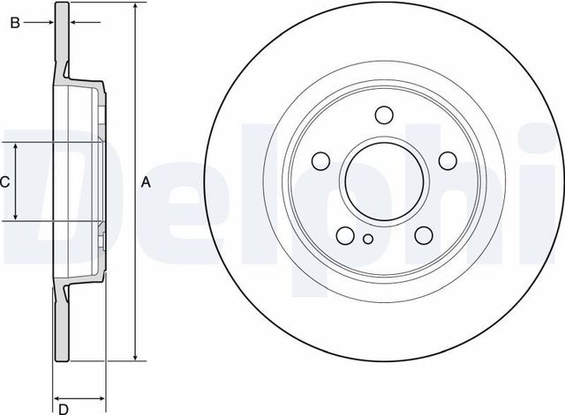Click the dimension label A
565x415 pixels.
pyautogui.click(x=147, y=182)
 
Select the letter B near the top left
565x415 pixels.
pyautogui.click(x=14, y=23)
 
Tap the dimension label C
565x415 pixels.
pyautogui.click(x=5, y=182)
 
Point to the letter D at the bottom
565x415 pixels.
pyautogui.click(x=64, y=407)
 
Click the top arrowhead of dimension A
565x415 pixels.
pyautogui.click(x=135, y=8)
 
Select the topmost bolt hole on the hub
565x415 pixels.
pyautogui.click(x=384, y=115)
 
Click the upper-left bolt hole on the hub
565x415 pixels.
pyautogui.click(x=320, y=160)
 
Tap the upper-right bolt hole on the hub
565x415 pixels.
pyautogui.click(x=448, y=160)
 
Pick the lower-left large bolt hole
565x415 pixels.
pyautogui.click(x=345, y=234)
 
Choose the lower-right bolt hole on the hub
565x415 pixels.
pyautogui.click(x=424, y=234)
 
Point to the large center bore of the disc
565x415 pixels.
pyautogui.click(x=384, y=182)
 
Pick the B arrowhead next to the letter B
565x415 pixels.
pyautogui.click(x=46, y=23)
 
